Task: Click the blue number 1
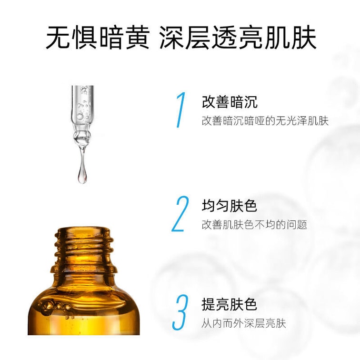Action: pos(181,110)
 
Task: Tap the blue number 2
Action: pos(180,213)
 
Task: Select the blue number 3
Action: pos(180,313)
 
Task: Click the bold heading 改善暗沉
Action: pos(230,102)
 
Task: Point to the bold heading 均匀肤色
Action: pos(229,205)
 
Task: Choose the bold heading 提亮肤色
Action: pos(229,304)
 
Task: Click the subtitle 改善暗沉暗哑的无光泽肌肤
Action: pos(265,121)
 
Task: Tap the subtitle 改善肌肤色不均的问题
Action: pos(254,225)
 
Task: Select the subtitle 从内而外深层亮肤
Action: pos(244,323)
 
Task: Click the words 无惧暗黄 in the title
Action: pos(98,38)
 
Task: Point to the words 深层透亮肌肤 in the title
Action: pos(238,38)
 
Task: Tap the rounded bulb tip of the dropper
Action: pos(82,138)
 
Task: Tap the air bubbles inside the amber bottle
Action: pos(53,306)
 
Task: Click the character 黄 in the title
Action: pos(137,38)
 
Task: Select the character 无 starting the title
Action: pos(58,38)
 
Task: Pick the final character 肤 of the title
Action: pos(304,38)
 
